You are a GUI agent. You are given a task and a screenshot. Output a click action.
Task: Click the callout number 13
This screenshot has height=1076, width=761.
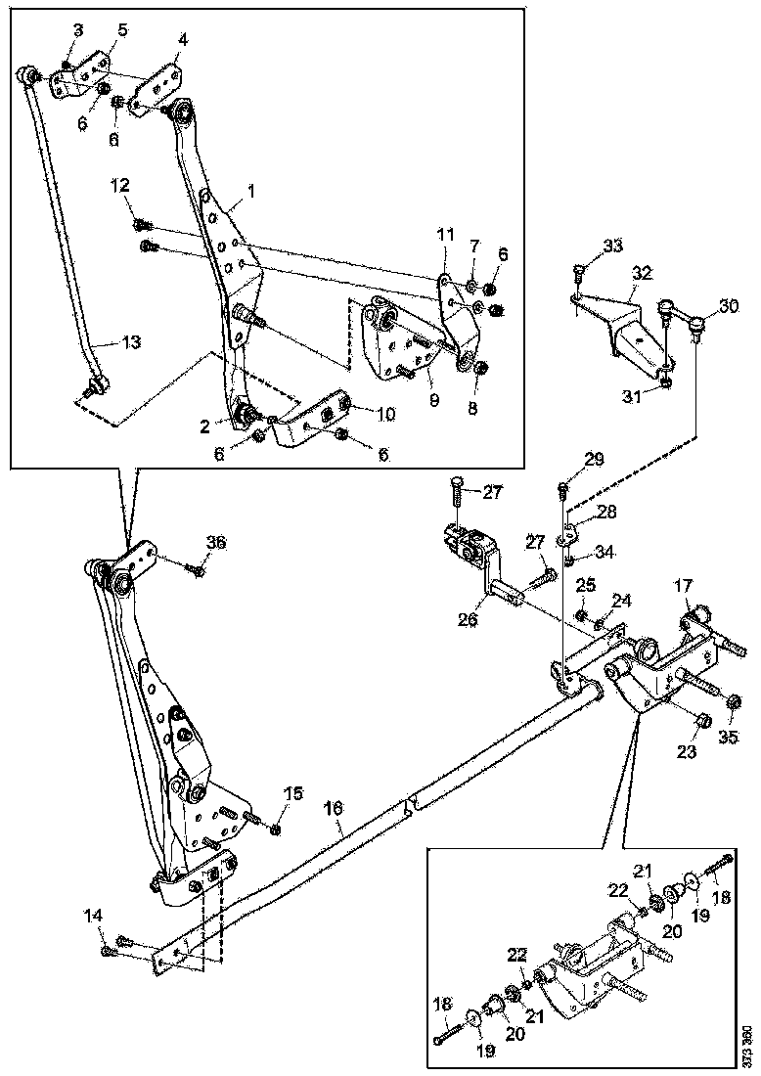tap(131, 342)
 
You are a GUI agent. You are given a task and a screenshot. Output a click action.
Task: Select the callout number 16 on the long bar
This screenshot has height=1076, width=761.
tap(334, 808)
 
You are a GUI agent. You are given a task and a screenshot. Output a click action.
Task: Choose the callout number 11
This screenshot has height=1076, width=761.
tap(446, 236)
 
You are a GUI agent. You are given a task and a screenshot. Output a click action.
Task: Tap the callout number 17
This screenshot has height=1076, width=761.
tap(682, 588)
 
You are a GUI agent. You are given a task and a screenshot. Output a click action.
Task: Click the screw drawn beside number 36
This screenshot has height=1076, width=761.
tap(200, 568)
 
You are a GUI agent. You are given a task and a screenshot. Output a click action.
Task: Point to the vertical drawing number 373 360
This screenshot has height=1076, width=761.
tap(748, 1045)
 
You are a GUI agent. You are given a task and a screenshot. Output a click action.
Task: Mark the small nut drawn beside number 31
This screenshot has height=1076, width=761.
tap(665, 382)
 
